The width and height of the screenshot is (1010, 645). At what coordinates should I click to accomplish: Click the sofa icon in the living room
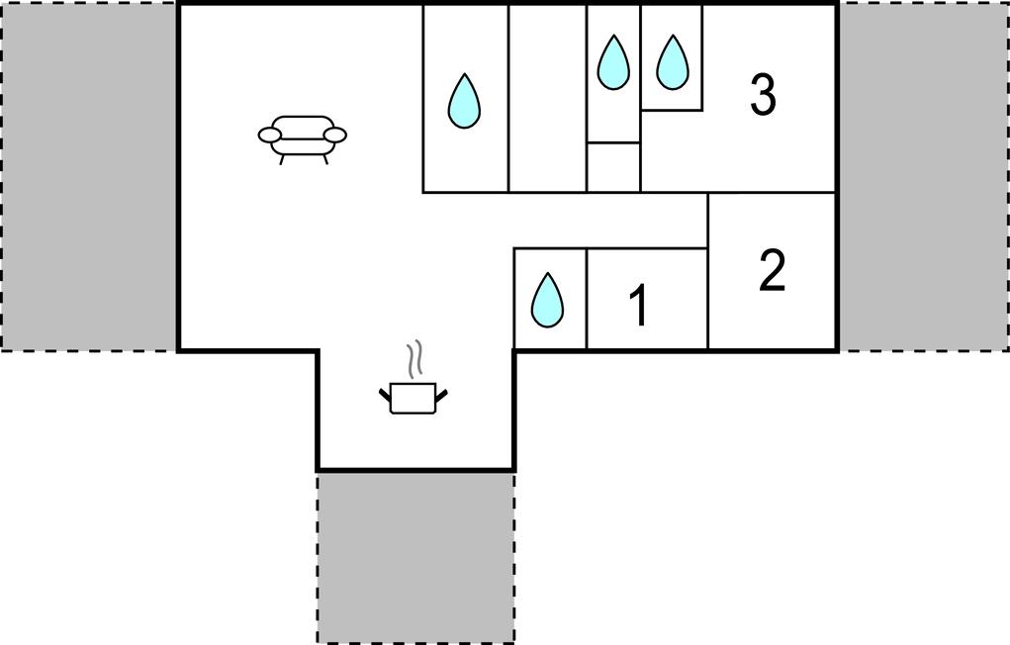303,137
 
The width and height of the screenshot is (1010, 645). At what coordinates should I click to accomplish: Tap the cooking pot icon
413,398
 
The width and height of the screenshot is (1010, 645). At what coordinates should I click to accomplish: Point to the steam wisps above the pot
417,356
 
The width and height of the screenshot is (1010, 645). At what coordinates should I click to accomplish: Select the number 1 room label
639,306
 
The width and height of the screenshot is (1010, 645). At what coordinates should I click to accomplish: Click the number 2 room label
772,271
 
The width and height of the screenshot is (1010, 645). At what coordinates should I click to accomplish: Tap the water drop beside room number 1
546,300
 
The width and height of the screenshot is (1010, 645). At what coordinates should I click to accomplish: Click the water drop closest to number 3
673,61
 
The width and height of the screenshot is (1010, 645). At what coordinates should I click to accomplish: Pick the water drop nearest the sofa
463,101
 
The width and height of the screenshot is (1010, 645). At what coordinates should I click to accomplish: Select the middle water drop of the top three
613,62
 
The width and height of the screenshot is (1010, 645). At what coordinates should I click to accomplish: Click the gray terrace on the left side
89,175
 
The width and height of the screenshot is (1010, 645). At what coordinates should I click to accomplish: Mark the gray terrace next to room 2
922,175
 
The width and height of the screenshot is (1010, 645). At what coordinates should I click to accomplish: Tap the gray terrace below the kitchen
415,557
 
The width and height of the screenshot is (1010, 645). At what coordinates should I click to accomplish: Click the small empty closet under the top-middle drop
613,166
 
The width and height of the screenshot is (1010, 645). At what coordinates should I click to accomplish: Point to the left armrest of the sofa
270,135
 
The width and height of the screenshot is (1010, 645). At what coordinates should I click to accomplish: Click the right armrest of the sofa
335,135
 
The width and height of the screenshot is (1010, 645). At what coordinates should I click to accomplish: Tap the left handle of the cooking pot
386,397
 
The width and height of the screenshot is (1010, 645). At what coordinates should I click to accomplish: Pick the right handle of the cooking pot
442,397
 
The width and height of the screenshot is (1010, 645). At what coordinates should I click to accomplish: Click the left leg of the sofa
283,157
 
